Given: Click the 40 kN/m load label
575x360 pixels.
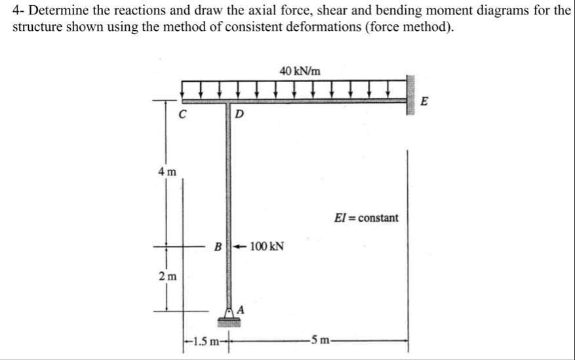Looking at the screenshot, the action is tap(300, 70).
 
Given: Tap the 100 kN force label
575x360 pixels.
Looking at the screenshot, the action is tap(267, 247).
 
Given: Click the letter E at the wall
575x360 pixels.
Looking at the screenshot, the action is tap(424, 102).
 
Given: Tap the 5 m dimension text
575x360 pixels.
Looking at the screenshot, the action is tap(322, 341).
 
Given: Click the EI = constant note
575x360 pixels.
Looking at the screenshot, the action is tap(366, 217).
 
